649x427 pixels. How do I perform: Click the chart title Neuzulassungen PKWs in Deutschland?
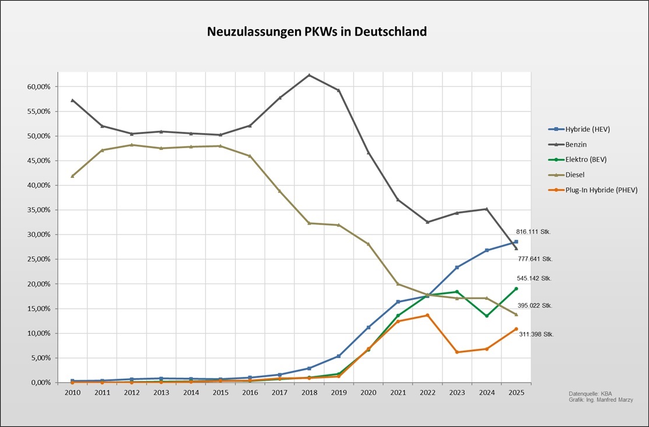click(317, 32)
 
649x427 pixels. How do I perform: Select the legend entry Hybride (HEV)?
click(585, 129)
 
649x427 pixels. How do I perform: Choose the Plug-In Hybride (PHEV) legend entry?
click(597, 190)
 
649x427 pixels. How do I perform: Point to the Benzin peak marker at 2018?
click(309, 75)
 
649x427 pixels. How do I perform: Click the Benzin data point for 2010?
click(72, 100)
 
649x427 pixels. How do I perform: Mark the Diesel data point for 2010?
click(72, 176)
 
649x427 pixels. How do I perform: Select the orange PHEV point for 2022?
click(427, 315)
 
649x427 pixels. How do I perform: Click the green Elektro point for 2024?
click(486, 316)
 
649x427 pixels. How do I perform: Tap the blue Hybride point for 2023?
click(457, 267)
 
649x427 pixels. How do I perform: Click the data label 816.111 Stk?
click(534, 232)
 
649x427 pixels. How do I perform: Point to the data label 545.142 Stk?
click(534, 278)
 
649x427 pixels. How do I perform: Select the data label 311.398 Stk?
click(536, 334)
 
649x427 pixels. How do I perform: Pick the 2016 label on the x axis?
click(250, 393)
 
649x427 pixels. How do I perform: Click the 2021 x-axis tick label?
click(398, 393)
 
